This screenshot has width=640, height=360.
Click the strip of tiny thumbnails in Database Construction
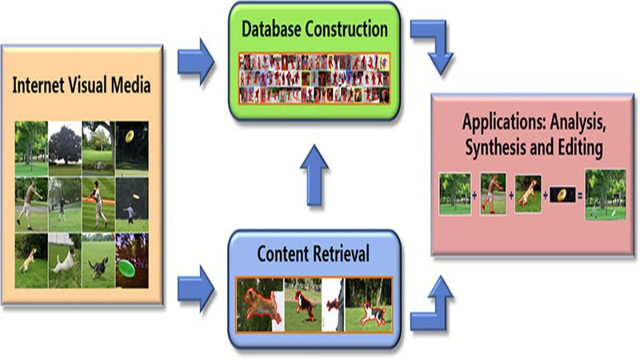point(314,78)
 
